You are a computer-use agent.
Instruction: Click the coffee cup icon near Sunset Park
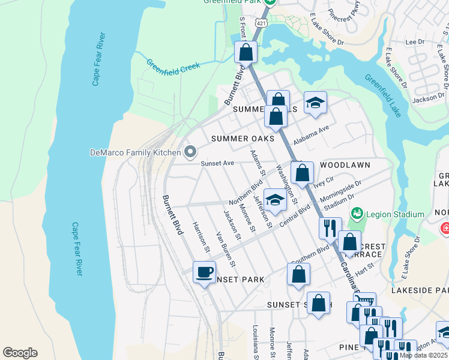204,272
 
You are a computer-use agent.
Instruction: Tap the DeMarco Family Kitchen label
135,152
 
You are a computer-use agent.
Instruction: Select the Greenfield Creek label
173,66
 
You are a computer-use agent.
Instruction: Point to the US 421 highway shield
260,23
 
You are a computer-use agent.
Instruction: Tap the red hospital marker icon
444,228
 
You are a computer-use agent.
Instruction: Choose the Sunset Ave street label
217,163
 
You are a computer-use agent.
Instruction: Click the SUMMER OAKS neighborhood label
242,139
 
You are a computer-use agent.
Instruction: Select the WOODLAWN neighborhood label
345,164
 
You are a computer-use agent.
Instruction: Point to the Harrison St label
200,236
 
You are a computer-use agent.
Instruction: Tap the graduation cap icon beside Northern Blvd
275,200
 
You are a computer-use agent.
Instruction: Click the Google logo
20,353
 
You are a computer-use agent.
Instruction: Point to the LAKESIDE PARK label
420,290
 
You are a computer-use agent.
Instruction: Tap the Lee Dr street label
415,42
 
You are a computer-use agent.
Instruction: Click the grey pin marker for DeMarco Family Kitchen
190,152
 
